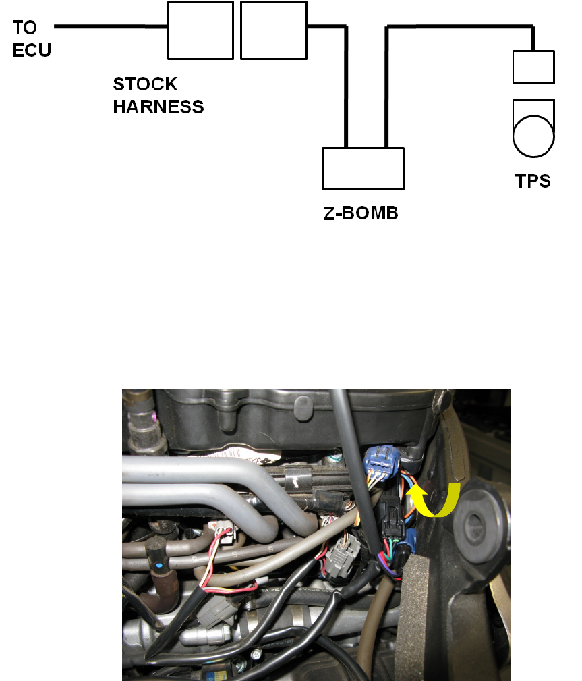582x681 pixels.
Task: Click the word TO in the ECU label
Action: pos(25,28)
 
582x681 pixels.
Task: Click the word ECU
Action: pos(31,50)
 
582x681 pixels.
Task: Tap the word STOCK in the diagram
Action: pos(145,85)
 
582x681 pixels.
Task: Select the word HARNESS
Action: pos(158,107)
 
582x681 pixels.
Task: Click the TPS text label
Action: pos(533,182)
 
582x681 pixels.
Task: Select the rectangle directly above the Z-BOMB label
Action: pos(363,168)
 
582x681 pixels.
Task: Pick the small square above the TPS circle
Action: pos(533,67)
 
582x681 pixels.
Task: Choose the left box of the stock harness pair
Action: pos(200,30)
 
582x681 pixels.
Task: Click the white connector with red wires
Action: pos(222,533)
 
